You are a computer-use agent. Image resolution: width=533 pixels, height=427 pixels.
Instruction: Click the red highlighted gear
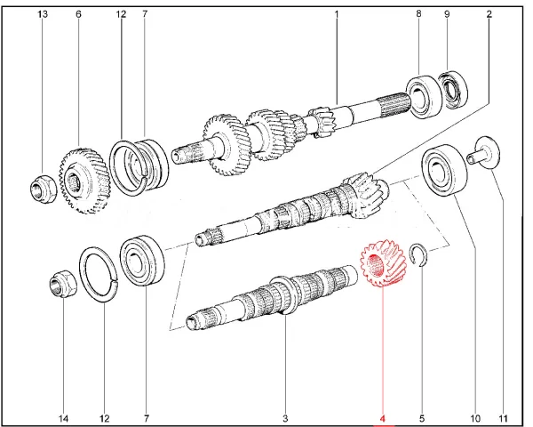(x=383, y=263)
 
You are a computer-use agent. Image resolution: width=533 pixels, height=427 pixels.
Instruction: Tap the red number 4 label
(x=382, y=418)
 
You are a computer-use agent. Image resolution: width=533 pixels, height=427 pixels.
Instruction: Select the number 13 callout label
(x=43, y=14)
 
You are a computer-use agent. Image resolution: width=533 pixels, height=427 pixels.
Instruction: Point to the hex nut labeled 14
(x=62, y=283)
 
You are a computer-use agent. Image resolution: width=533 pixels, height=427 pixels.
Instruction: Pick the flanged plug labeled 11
(x=483, y=152)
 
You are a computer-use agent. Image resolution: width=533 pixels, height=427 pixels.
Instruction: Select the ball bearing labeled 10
(x=444, y=170)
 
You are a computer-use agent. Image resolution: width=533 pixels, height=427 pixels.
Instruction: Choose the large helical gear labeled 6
(x=84, y=180)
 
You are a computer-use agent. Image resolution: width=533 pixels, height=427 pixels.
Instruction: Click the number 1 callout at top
(x=337, y=14)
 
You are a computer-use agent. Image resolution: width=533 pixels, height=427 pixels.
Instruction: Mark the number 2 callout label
(x=489, y=14)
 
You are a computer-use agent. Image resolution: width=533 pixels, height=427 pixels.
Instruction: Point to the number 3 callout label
(x=285, y=418)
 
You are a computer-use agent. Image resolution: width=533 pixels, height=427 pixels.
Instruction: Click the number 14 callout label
(x=64, y=418)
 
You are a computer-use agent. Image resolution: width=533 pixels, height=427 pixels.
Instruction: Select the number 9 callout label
(x=447, y=14)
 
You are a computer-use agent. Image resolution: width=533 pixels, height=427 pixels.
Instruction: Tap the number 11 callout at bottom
(x=503, y=418)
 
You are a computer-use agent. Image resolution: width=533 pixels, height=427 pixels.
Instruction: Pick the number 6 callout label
(x=78, y=14)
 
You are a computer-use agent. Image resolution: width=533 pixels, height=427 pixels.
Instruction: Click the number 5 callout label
(x=422, y=418)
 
